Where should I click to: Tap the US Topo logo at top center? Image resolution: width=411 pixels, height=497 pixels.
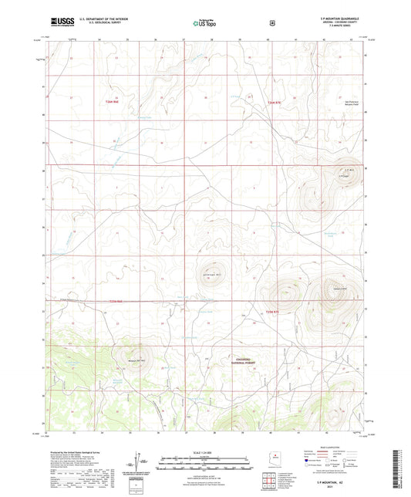tap(204, 22)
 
